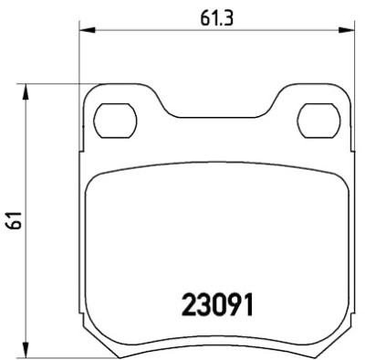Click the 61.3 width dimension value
pos(216,19)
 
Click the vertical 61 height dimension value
pos(15,219)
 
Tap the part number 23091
pos(217,304)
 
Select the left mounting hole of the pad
pos(115,121)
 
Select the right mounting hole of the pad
pos(318,121)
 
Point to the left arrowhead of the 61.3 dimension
pos(88,30)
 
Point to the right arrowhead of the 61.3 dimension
pos(347,30)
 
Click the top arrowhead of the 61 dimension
pos(26,91)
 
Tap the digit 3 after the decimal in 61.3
pos(229,19)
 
